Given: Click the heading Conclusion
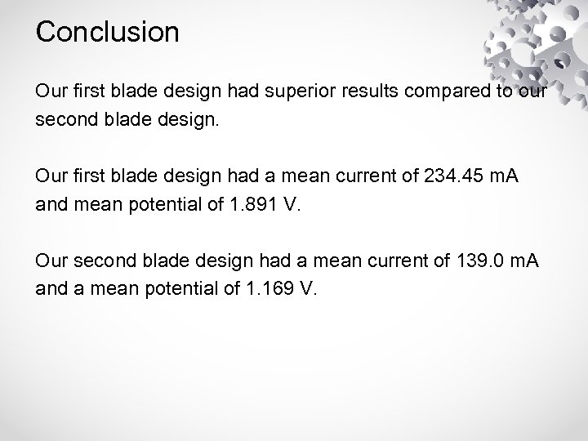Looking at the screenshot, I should (x=107, y=33).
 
